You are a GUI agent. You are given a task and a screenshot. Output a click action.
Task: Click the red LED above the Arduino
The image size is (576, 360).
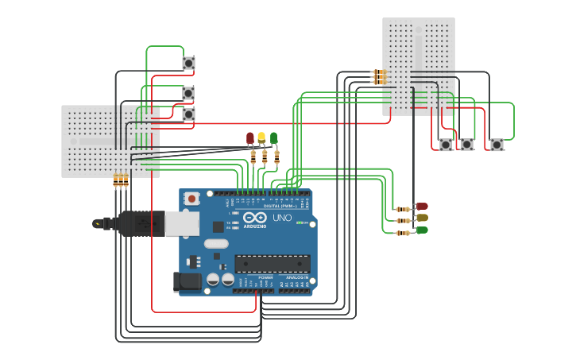click(250, 138)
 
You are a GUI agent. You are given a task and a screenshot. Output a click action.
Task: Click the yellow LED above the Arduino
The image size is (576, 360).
click(261, 137)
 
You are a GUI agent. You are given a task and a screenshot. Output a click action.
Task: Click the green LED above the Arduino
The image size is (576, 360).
click(273, 137)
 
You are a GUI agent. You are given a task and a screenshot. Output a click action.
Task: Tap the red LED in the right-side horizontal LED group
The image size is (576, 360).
click(421, 207)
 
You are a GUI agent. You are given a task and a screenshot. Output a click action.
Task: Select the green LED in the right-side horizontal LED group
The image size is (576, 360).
click(421, 230)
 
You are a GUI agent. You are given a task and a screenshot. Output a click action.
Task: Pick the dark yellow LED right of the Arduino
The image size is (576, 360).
click(421, 218)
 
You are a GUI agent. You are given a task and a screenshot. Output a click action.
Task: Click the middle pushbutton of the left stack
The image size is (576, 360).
click(188, 94)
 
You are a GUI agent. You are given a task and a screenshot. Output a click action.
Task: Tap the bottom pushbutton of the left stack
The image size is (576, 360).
click(188, 114)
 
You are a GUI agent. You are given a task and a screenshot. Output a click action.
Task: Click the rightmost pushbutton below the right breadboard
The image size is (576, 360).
click(497, 145)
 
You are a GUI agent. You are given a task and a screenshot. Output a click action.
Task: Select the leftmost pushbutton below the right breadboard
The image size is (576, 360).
click(446, 145)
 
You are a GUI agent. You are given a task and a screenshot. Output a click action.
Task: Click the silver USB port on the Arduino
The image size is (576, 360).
click(182, 223)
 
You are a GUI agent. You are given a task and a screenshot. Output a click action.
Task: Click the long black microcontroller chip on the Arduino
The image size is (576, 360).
click(272, 263)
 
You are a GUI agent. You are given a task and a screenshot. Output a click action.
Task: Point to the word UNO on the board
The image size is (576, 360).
click(282, 218)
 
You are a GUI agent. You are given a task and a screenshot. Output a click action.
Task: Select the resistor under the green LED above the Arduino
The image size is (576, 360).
click(276, 156)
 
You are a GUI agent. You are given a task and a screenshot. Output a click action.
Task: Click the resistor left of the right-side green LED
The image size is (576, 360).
click(404, 232)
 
